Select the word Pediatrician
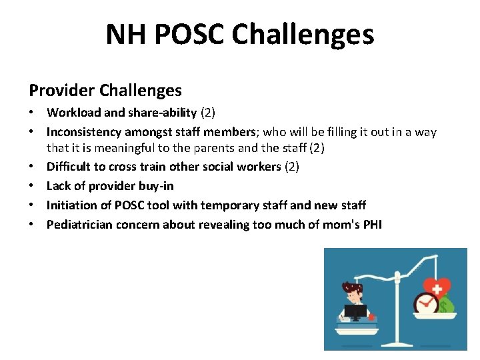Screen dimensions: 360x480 pyautogui.click(x=79, y=225)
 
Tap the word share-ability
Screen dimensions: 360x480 pyautogui.click(x=162, y=113)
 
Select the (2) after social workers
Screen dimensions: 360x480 pyautogui.click(x=291, y=166)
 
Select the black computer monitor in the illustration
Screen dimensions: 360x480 pyautogui.click(x=355, y=311)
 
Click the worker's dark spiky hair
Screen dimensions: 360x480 pyautogui.click(x=352, y=287)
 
